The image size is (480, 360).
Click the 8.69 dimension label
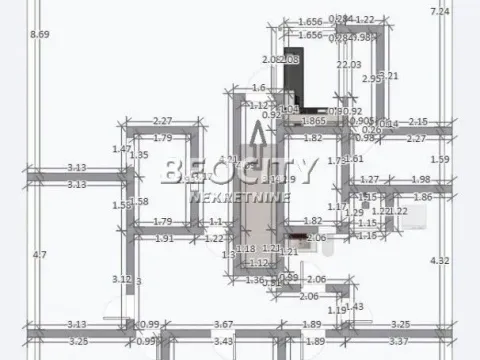pos(40,35)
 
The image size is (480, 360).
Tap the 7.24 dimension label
pos(439,12)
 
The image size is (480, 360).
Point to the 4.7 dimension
pos(40,255)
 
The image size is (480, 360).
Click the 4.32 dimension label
pos(439,261)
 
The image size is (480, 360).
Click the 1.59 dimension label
pos(439,159)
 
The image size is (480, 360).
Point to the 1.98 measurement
pos(420,180)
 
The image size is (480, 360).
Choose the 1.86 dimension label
pos(422,198)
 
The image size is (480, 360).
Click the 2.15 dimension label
pos(417,121)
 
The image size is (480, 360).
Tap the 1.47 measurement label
pos(122,149)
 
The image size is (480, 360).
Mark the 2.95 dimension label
pos(371,79)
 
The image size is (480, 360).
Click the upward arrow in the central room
pos(258,140)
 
